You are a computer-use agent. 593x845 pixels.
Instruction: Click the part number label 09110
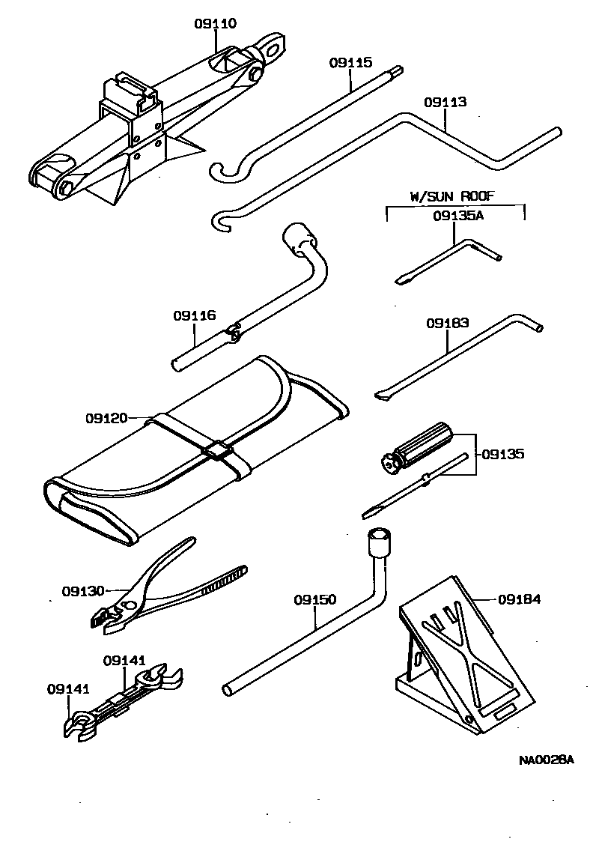point(216,24)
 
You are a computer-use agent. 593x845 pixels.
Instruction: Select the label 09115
point(350,64)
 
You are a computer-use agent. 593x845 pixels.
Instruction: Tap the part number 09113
point(445,102)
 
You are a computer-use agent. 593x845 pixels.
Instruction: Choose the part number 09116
point(195,316)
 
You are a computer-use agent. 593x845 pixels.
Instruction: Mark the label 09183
point(448,324)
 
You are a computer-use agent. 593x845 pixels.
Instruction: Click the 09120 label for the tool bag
point(107,417)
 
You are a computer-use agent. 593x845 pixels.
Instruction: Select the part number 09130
point(83,591)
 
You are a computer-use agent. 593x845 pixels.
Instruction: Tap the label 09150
point(315,600)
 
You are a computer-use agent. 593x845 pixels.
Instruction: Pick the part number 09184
point(519,599)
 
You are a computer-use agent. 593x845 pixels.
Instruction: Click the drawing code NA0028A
point(546,760)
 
